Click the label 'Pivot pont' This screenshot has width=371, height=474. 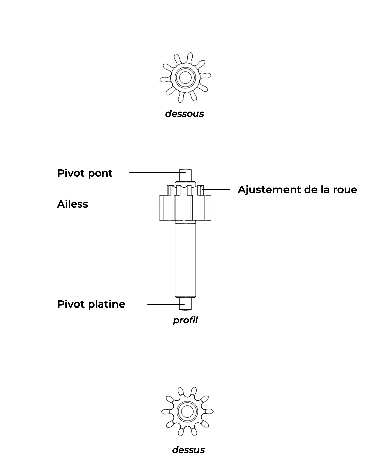[85, 173]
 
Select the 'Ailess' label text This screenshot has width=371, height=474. [72, 204]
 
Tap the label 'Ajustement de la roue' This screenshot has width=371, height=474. [297, 190]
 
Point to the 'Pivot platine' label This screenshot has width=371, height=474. [91, 304]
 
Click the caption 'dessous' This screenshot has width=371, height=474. [184, 114]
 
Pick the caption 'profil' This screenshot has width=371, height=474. [185, 320]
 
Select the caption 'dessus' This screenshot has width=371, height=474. [188, 450]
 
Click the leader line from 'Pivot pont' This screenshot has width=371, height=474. [157, 173]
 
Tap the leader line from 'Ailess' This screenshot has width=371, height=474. [136, 204]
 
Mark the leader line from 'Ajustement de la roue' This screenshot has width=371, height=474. [216, 189]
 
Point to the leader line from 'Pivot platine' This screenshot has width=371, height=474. [166, 304]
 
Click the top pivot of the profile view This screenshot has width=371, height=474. [185, 175]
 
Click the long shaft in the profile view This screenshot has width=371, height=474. [185, 259]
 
